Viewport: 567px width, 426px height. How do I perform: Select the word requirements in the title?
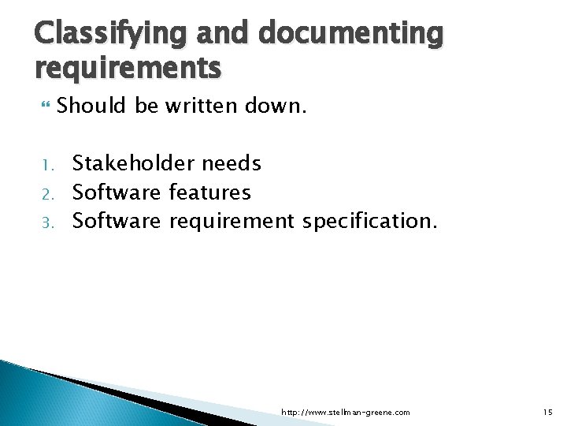point(128,69)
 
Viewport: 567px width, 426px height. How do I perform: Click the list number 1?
point(46,165)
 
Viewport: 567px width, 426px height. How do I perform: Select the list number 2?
point(46,193)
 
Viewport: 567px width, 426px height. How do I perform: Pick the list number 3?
point(46,222)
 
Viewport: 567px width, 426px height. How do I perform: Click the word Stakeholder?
point(133,163)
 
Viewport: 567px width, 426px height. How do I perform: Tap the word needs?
point(232,163)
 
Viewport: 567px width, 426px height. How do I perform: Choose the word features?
point(210,192)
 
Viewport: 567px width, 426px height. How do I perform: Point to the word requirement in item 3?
point(232,222)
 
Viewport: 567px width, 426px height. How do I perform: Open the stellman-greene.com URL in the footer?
point(346,413)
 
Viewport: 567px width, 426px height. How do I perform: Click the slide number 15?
point(548,412)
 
